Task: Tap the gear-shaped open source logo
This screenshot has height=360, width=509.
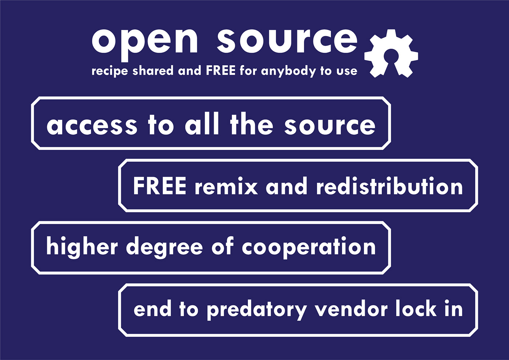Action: pos(392,53)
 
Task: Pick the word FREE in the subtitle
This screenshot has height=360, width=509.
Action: pos(221,70)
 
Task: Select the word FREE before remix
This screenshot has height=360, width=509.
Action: pos(159,186)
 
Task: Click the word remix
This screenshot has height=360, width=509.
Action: pos(226,187)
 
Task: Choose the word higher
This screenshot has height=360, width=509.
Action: pos(82,247)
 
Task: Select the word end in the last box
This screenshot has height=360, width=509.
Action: pos(152,309)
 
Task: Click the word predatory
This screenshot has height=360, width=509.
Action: pos(257,310)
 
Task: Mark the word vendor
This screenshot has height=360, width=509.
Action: pos(351,309)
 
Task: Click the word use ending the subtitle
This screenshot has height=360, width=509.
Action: pos(346,71)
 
